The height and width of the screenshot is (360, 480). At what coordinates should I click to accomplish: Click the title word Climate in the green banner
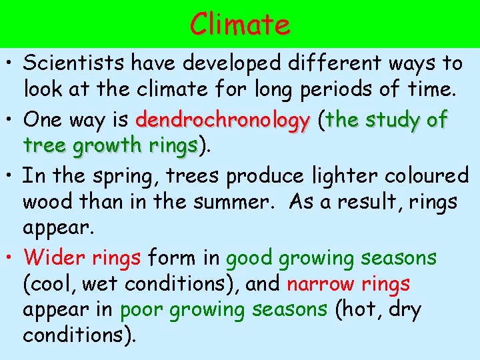(240, 25)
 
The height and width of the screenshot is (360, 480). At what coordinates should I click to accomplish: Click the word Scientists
(75, 63)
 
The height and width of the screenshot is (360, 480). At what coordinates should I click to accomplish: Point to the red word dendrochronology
(222, 121)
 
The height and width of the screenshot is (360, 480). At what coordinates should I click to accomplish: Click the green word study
(397, 121)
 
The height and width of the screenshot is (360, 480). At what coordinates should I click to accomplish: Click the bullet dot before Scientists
(12, 64)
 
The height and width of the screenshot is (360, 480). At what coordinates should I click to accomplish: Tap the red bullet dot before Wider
(12, 258)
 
